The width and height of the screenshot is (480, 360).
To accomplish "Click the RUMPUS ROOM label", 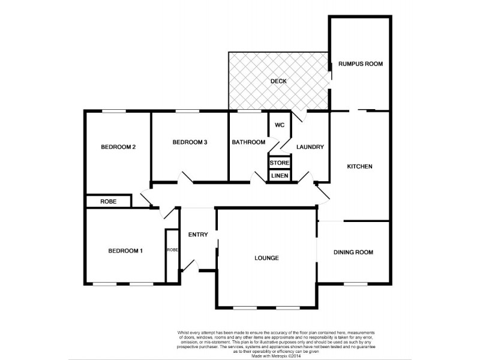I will [360, 64].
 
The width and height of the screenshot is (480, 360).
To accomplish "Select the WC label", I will [279, 125].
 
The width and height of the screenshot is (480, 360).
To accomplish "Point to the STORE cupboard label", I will [280, 163].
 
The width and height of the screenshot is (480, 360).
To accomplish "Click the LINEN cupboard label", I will [280, 176].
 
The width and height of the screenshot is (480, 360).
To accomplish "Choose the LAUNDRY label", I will [310, 147].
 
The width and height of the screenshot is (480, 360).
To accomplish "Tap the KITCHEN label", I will [360, 166].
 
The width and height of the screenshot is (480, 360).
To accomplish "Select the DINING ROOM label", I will [353, 253].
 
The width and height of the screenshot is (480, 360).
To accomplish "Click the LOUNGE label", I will [266, 258].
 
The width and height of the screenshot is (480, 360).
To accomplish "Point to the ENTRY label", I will [197, 235].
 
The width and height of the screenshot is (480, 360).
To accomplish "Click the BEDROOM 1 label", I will [125, 251].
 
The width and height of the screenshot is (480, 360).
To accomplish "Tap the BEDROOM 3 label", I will [190, 142].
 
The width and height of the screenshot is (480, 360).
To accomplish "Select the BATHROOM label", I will [248, 142].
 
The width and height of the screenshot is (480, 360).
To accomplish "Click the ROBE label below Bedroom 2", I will [109, 202].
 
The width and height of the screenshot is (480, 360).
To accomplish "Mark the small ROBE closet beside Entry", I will [172, 250].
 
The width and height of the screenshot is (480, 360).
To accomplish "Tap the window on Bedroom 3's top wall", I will [188, 111].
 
